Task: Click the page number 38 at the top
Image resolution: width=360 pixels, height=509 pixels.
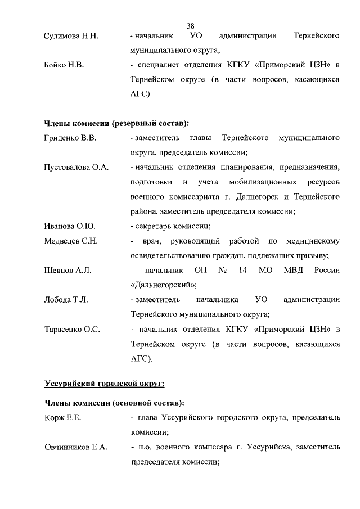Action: (191, 25)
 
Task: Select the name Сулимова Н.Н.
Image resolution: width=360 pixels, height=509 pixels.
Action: (71, 37)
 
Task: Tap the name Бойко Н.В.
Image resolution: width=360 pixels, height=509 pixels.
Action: (64, 66)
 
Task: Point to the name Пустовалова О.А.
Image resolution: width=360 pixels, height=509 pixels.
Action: (76, 168)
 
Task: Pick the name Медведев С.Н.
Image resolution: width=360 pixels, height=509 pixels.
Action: (71, 241)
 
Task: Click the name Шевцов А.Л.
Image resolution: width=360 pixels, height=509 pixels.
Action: (67, 270)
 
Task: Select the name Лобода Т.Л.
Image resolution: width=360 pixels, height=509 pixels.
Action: (66, 299)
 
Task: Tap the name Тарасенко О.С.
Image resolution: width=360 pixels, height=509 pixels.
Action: (72, 329)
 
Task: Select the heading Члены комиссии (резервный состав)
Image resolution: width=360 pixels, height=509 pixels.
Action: (116, 123)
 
